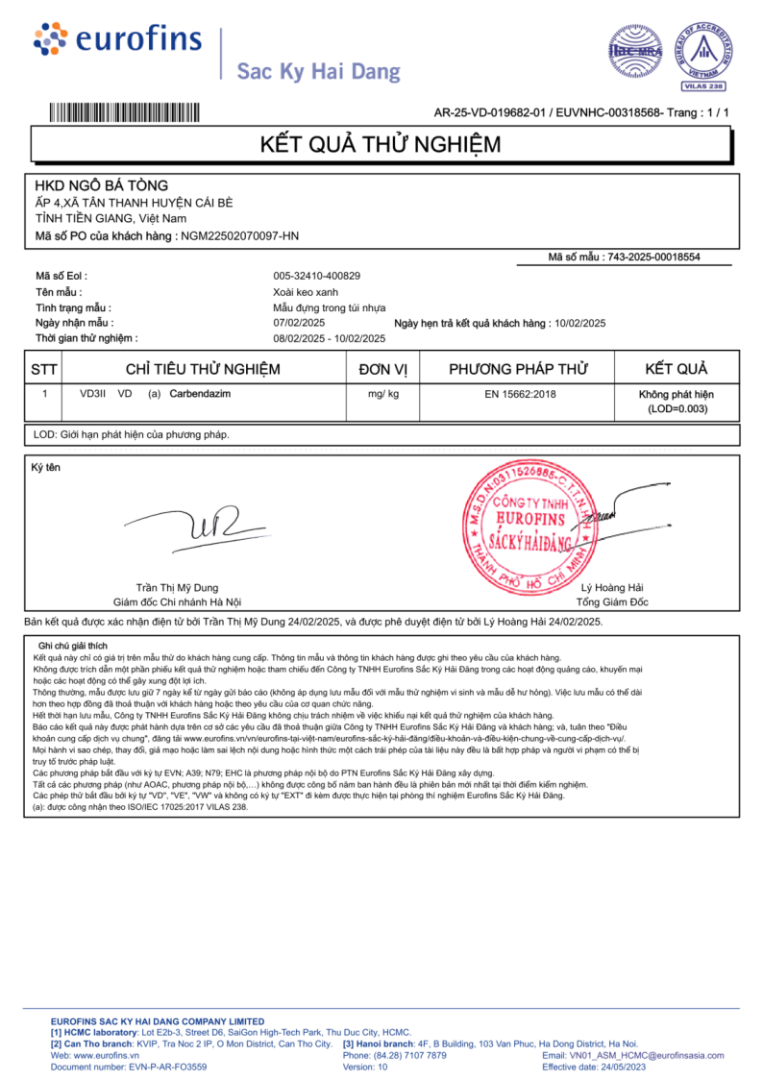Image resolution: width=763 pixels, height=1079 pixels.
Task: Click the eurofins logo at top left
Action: pyautogui.click(x=117, y=40)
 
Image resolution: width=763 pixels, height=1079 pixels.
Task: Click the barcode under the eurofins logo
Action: pyautogui.click(x=125, y=111)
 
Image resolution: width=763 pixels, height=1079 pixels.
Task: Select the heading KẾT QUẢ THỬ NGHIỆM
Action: pyautogui.click(x=381, y=145)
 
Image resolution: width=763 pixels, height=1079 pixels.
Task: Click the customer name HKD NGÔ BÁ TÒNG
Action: pyautogui.click(x=101, y=184)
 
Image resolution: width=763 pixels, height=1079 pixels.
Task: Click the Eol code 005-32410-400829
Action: pyautogui.click(x=317, y=276)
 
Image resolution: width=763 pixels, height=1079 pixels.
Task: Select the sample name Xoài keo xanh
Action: pyautogui.click(x=306, y=291)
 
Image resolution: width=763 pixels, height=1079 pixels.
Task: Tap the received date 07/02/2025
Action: pyautogui.click(x=300, y=323)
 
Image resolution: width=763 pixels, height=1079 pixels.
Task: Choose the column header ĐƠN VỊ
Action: pyautogui.click(x=383, y=369)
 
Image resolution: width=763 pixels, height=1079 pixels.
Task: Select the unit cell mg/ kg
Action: pyautogui.click(x=383, y=394)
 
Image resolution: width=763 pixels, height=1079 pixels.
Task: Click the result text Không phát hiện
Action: pyautogui.click(x=677, y=395)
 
